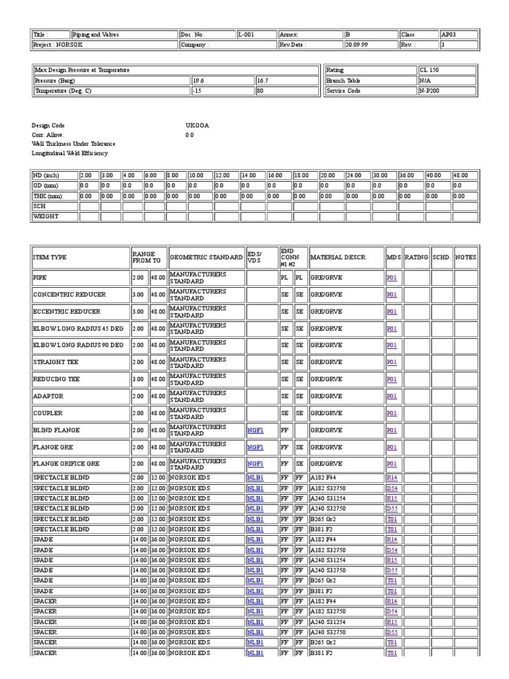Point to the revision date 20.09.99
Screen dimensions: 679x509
[357, 45]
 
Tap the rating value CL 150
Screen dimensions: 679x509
[429, 70]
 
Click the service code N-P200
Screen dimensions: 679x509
[430, 91]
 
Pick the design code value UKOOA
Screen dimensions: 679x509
[197, 125]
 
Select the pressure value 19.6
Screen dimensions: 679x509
[198, 80]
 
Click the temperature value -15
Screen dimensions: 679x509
[197, 91]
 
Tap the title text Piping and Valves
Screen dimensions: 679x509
[96, 34]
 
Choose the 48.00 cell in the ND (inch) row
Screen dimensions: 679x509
[461, 175]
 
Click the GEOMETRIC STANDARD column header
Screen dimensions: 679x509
[206, 257]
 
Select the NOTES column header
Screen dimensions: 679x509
[465, 257]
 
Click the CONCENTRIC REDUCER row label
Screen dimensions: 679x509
[70, 294]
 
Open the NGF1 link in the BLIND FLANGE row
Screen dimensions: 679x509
[255, 430]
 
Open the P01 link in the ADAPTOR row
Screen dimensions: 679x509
[392, 397]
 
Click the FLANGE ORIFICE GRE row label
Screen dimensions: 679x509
[66, 464]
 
